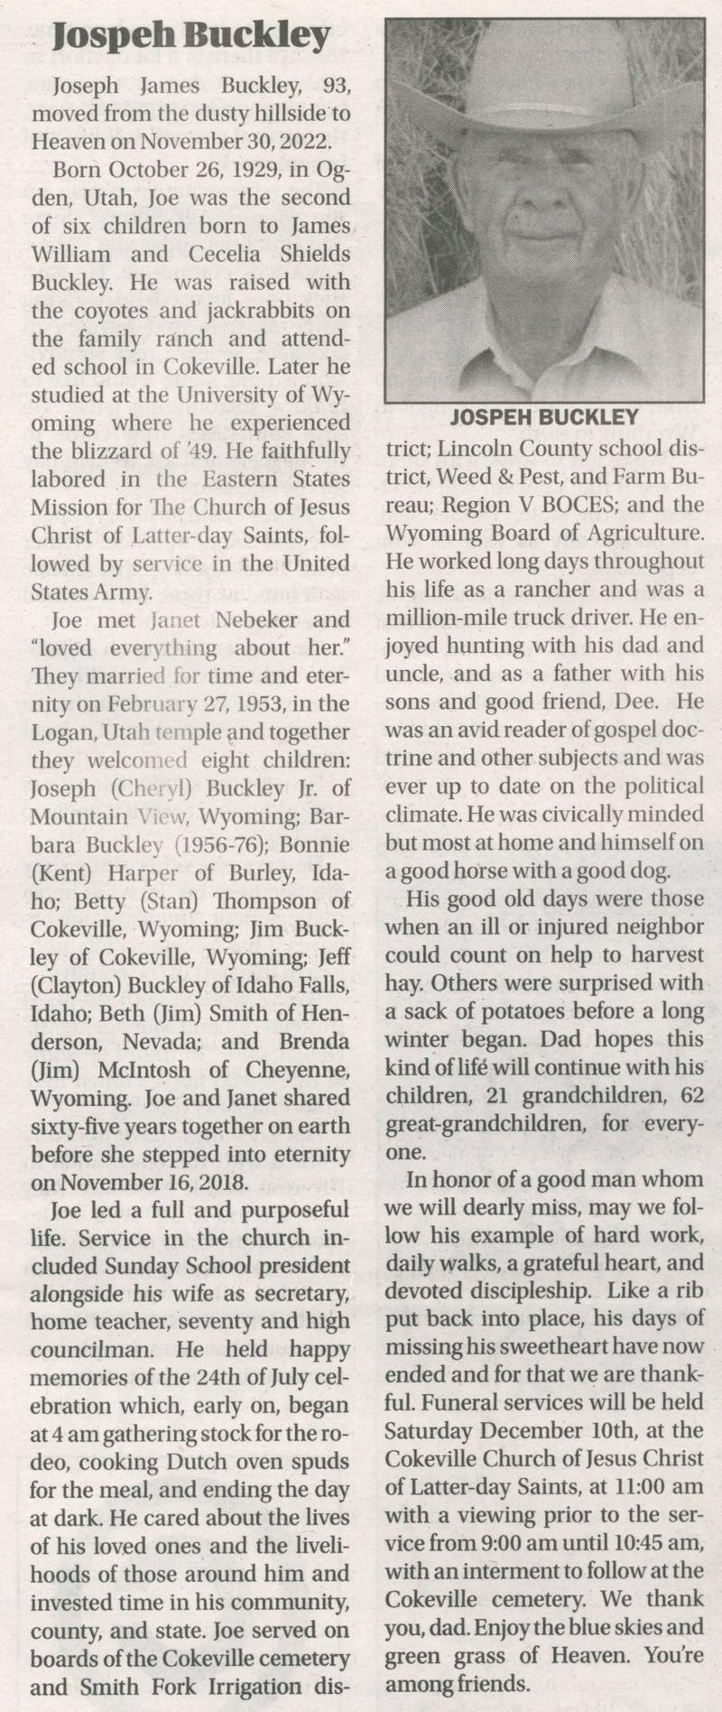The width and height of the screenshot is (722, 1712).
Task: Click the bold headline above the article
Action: tap(192, 37)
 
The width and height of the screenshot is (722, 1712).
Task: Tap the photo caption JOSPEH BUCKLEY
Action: tap(544, 417)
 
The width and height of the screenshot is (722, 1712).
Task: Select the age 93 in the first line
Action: tap(329, 87)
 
